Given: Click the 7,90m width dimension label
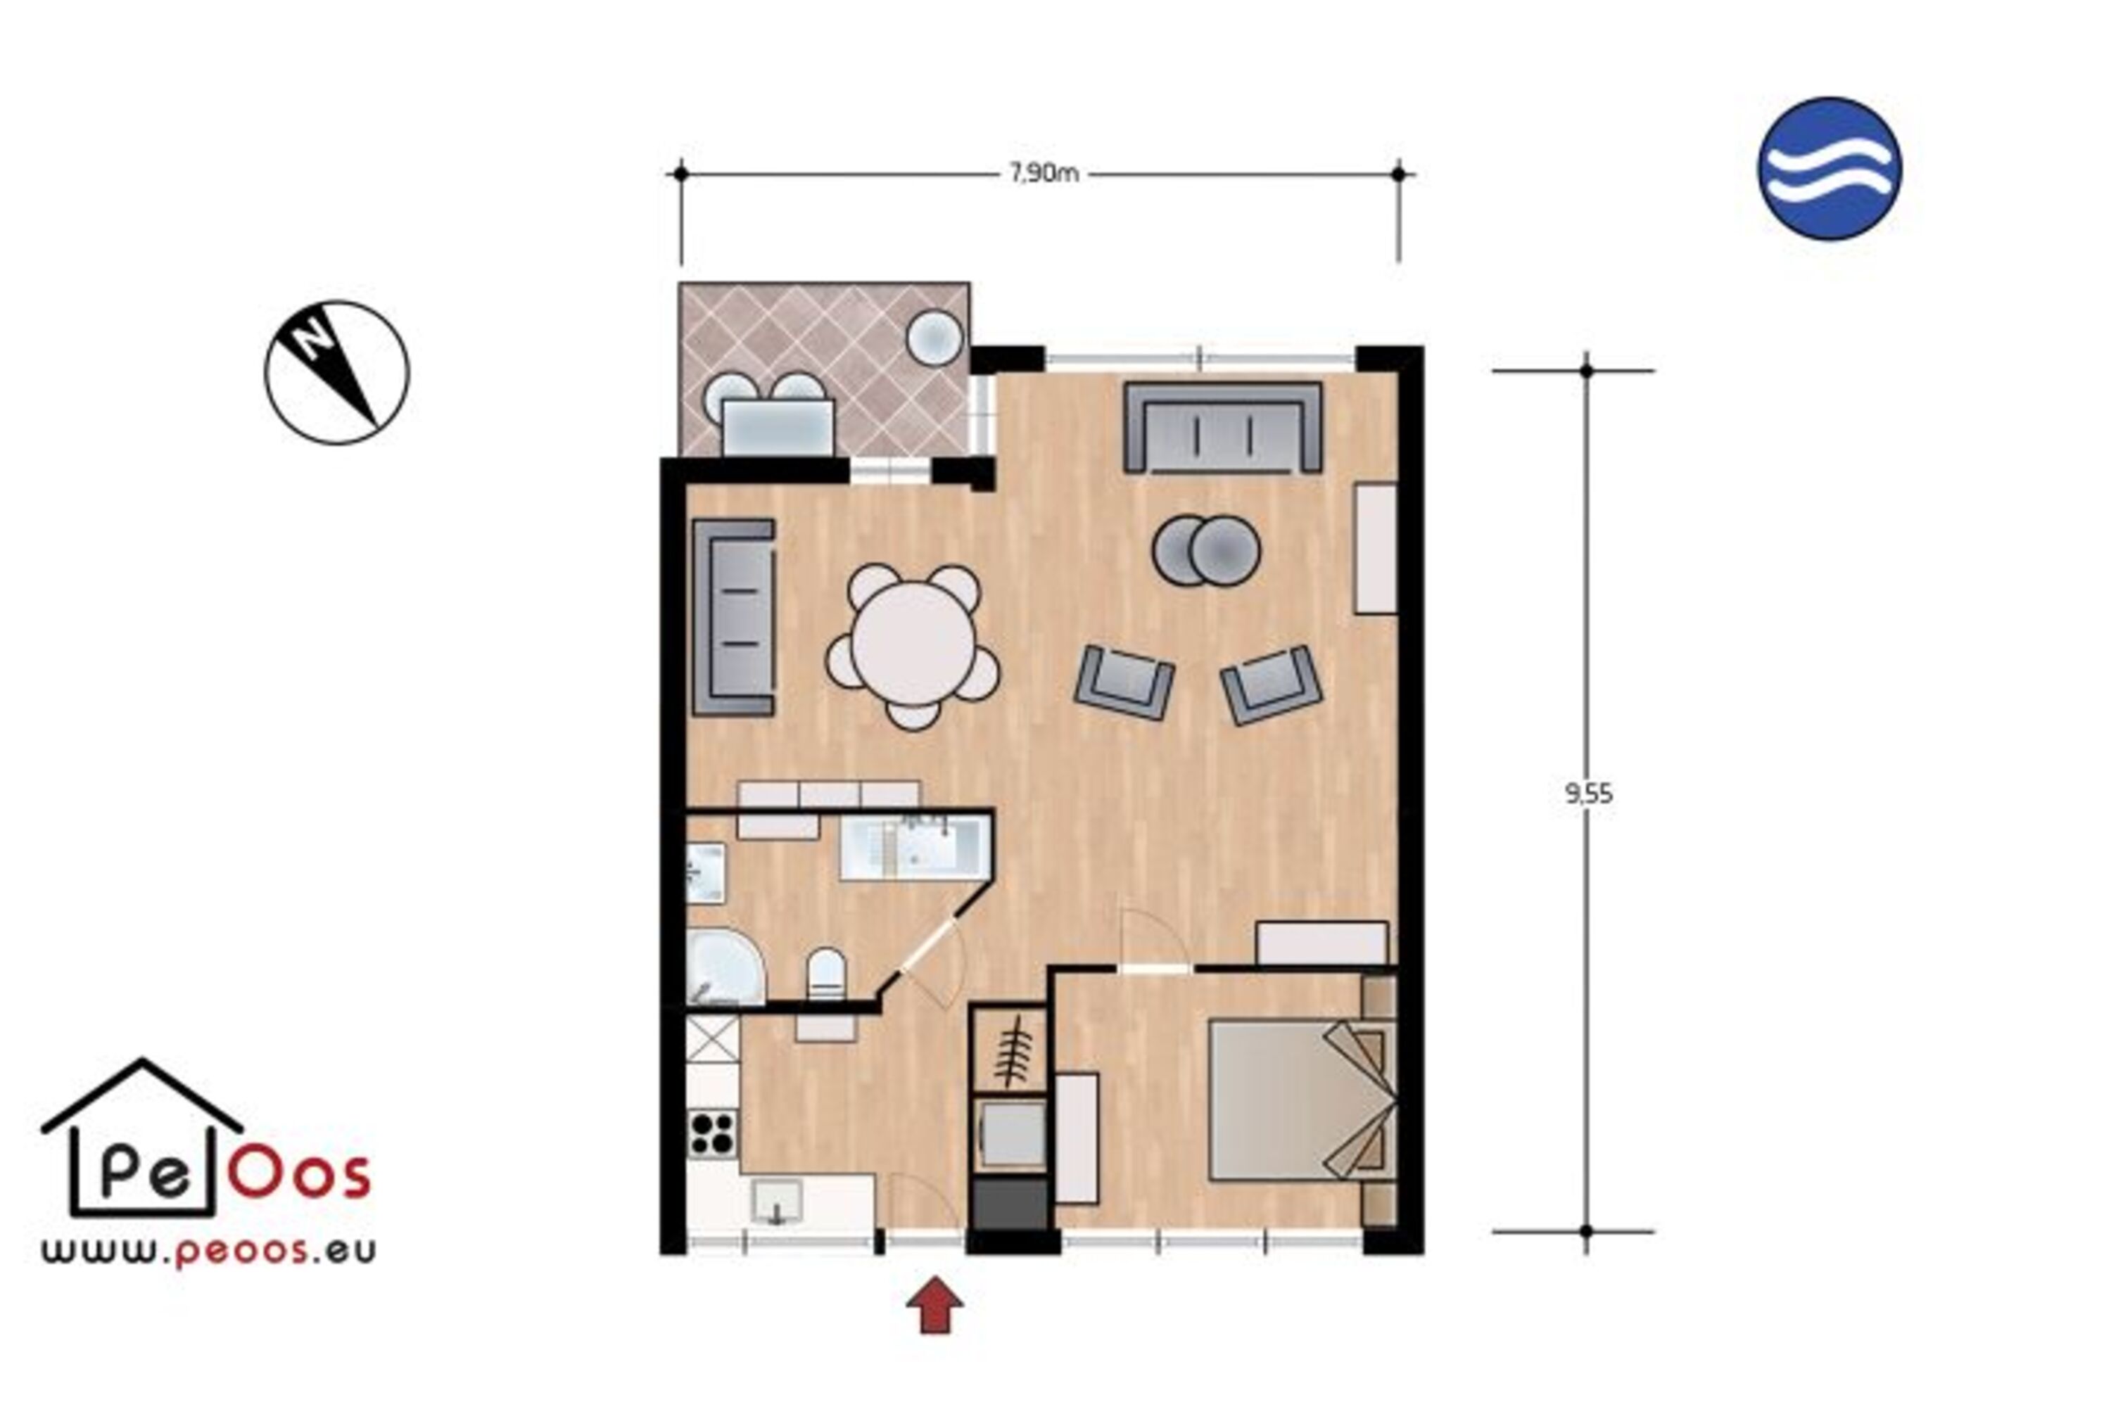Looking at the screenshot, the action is pos(1044,173).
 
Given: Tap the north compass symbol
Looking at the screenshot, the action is pos(336,371).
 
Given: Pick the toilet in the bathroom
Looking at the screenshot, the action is pos(825,973).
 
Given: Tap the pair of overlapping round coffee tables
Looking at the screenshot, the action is pos(1206,550).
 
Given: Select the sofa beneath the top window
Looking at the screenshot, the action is pos(1222,427).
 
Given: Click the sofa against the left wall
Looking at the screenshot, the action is pos(733,618).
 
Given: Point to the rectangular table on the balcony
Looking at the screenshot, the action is pos(778,427).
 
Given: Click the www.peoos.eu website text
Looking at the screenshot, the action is pos(208,1251).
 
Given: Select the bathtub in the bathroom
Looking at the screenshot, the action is pos(915,847).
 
